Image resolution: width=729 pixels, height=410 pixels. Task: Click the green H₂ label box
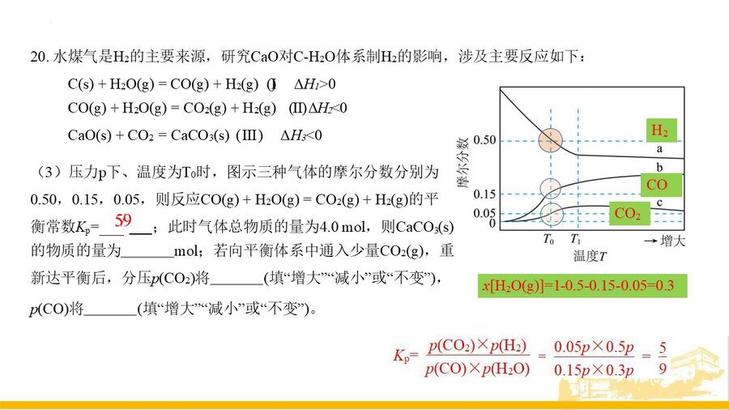[661, 130]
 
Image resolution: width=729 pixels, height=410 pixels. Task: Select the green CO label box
[661, 185]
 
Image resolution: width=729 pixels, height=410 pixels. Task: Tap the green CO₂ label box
[629, 214]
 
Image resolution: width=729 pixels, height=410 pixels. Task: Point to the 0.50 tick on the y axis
[484, 140]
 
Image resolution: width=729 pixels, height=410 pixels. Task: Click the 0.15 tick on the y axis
[484, 194]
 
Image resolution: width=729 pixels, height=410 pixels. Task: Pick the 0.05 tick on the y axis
[484, 213]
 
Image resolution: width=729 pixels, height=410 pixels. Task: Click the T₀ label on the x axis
[548, 240]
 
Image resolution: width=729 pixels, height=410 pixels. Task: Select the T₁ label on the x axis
[576, 240]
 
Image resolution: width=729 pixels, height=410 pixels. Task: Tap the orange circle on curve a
[551, 140]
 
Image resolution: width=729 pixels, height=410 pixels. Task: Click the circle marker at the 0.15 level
[551, 189]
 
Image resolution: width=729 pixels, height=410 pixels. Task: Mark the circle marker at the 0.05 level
[552, 214]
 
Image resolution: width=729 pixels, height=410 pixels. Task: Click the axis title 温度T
[590, 256]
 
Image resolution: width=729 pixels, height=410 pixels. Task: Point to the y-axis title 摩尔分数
[463, 162]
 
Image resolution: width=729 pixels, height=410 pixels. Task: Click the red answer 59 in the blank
[123, 220]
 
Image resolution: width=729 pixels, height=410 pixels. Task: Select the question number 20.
[40, 57]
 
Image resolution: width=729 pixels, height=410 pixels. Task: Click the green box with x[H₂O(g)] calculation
[582, 285]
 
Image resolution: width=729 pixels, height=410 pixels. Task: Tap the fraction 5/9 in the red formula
[663, 358]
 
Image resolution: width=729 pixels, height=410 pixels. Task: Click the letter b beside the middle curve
[659, 167]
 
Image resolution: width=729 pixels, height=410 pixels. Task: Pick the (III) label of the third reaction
[249, 135]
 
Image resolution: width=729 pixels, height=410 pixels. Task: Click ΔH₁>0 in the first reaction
[315, 84]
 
